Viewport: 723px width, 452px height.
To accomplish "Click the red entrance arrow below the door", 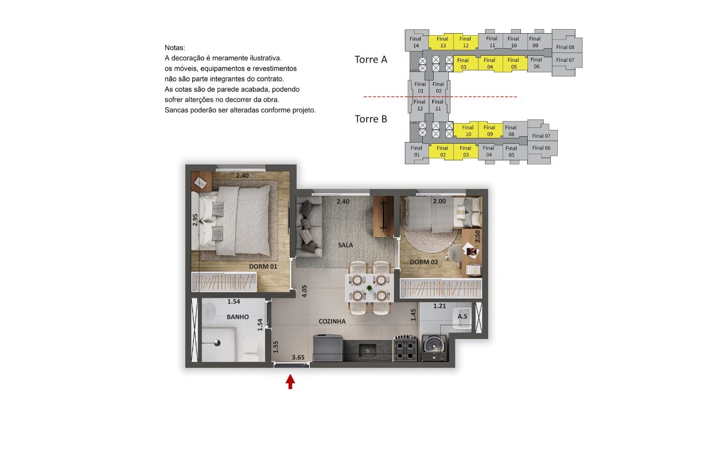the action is [290, 382].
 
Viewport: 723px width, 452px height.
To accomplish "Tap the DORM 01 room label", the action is [263, 267].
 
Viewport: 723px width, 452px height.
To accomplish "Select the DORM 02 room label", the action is [424, 262].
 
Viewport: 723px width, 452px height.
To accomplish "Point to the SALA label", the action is [345, 245].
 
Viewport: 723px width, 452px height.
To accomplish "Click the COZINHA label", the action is [332, 321].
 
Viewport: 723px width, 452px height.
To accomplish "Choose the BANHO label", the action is [237, 317].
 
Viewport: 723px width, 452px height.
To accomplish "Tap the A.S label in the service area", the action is [462, 316].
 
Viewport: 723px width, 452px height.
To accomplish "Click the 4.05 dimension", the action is [304, 291].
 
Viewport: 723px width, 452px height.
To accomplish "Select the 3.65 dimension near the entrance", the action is [298, 358].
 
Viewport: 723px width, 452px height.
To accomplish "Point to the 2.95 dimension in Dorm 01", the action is [195, 220].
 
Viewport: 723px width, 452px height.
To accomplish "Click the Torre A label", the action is [371, 59].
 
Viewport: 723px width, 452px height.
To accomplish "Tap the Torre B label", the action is [371, 119].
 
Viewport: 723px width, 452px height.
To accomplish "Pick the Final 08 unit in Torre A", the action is [565, 47].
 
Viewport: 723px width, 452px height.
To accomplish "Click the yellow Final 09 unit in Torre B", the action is [490, 131].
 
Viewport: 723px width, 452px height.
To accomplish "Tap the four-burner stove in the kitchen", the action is [405, 348].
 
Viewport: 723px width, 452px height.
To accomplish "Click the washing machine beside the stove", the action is [434, 348].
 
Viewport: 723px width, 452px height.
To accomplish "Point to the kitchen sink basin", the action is [368, 351].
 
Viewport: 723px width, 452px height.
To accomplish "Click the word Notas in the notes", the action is [175, 48].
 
